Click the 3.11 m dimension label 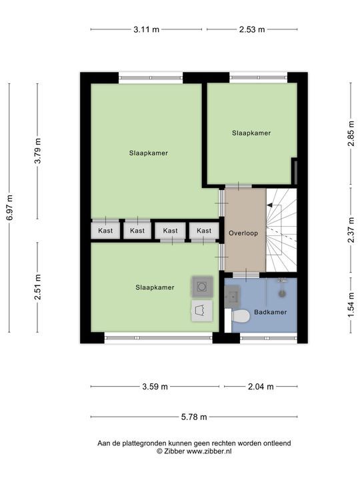pyautogui.click(x=146, y=29)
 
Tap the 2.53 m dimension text pyautogui.click(x=251, y=29)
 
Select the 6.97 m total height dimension pyautogui.click(x=10, y=207)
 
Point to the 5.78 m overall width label pyautogui.click(x=194, y=417)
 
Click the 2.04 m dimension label pyautogui.click(x=261, y=386)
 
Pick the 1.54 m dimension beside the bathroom pyautogui.click(x=351, y=305)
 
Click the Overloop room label pyautogui.click(x=243, y=233)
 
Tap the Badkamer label pyautogui.click(x=270, y=312)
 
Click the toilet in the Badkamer pyautogui.click(x=241, y=316)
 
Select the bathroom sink pyautogui.click(x=232, y=296)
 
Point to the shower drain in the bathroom pyautogui.click(x=282, y=294)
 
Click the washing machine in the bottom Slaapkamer pyautogui.click(x=202, y=287)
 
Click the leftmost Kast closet pyautogui.click(x=105, y=230)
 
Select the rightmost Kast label pyautogui.click(x=204, y=231)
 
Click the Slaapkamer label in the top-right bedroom pyautogui.click(x=251, y=133)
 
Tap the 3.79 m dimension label pyautogui.click(x=37, y=151)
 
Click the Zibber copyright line pyautogui.click(x=194, y=451)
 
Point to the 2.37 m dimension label pyautogui.click(x=351, y=230)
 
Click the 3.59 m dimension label pyautogui.click(x=155, y=386)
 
